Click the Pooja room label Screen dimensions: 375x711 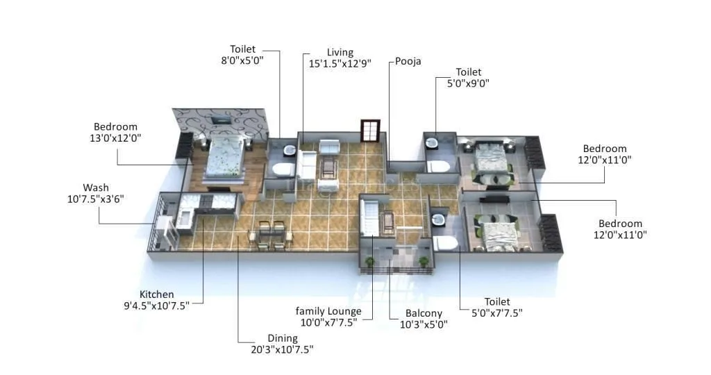(408, 61)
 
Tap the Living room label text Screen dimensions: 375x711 (340, 53)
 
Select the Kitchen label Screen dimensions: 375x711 (157, 294)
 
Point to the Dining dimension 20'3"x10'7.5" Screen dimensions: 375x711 (282, 350)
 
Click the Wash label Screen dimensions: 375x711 (96, 187)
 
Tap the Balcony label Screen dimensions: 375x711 (423, 314)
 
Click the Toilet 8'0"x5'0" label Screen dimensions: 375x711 (243, 49)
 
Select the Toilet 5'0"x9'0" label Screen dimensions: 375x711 (468, 72)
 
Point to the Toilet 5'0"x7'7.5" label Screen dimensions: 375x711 (497, 302)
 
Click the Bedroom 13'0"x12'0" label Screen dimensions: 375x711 (116, 127)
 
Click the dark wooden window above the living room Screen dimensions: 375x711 (370, 131)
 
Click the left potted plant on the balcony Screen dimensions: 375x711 (369, 261)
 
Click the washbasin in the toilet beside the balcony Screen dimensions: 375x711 (438, 219)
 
